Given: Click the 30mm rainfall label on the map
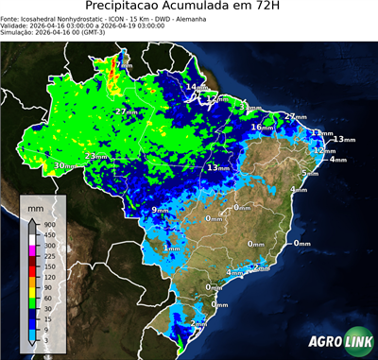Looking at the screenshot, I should pyautogui.click(x=64, y=166).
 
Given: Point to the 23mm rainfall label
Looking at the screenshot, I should pyautogui.click(x=95, y=156).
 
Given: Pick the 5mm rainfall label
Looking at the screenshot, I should pyautogui.click(x=310, y=174).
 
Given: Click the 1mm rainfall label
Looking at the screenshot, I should pyautogui.click(x=171, y=249).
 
